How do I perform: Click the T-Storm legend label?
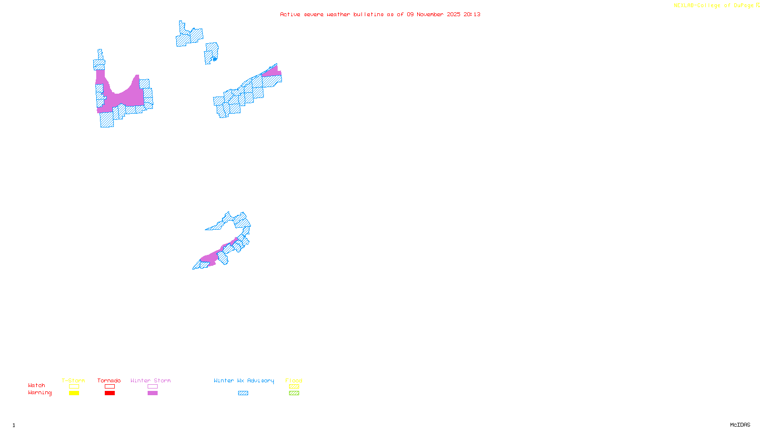73,380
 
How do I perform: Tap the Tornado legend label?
109,380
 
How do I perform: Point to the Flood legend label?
294,380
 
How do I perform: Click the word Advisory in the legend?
261,380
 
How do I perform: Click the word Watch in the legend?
37,385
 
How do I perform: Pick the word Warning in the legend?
40,393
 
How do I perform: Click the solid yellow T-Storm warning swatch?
74,393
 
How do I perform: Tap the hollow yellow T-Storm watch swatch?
74,387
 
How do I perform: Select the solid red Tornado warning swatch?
110,393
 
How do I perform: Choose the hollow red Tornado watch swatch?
110,387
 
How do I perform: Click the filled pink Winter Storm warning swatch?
152,393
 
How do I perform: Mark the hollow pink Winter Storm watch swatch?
152,387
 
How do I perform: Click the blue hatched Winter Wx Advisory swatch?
243,393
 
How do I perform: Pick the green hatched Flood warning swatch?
294,393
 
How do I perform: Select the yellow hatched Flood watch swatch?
294,387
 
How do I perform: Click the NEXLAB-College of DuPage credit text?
714,6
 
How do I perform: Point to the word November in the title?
430,14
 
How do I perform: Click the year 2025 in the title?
453,14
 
